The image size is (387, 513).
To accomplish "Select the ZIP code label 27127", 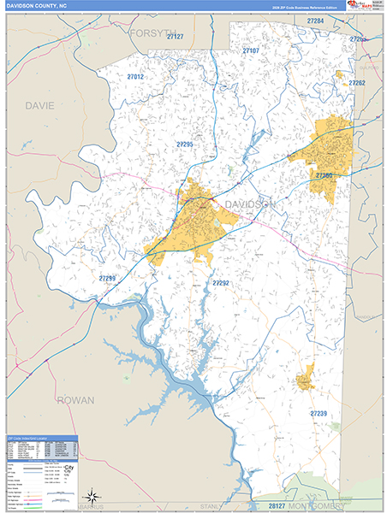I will tap(176, 37).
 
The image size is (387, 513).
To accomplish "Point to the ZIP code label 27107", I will tap(250, 51).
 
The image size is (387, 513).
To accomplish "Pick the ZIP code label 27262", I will tap(356, 83).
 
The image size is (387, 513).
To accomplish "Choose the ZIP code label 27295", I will tap(184, 144).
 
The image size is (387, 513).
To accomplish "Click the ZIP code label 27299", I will tap(107, 278).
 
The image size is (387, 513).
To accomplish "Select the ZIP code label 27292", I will tap(221, 283).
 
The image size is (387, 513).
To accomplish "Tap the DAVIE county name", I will tap(39, 105).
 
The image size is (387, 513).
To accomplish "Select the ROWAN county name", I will tap(75, 399).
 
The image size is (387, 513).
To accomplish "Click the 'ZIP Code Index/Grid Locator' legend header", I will tap(41, 438).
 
